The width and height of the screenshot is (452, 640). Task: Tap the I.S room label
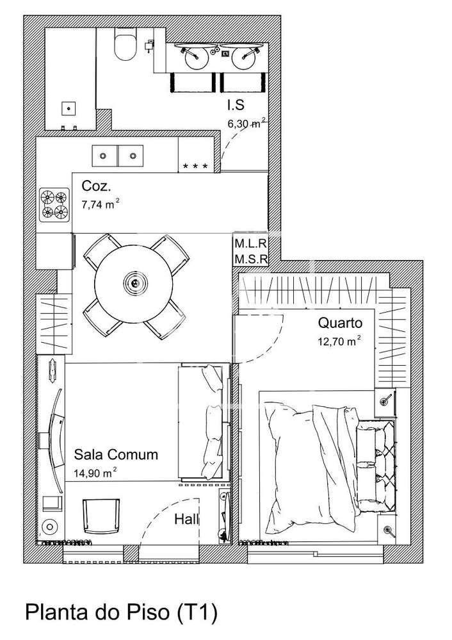coord(236,105)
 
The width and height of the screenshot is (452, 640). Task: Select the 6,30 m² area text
coord(247,123)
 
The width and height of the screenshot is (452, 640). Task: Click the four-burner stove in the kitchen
coord(54,204)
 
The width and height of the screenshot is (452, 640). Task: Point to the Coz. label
coord(96,186)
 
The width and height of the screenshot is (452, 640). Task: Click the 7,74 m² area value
coord(101,204)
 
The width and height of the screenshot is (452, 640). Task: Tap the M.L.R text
coord(251,243)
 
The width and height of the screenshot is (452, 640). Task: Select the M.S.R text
coord(251,258)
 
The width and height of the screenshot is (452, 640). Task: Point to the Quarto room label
coord(340,323)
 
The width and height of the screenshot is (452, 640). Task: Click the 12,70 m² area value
coord(339,341)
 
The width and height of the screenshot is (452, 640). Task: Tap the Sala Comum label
coord(116,454)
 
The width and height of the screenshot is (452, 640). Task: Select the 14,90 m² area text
coord(95,473)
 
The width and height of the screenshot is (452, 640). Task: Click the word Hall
coord(187,519)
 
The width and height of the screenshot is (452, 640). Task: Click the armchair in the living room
coord(101,516)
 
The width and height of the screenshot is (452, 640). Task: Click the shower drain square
coord(69,108)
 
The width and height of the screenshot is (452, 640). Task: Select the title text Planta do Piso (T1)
coord(122,612)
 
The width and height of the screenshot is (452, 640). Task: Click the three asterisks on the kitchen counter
coord(195,166)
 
